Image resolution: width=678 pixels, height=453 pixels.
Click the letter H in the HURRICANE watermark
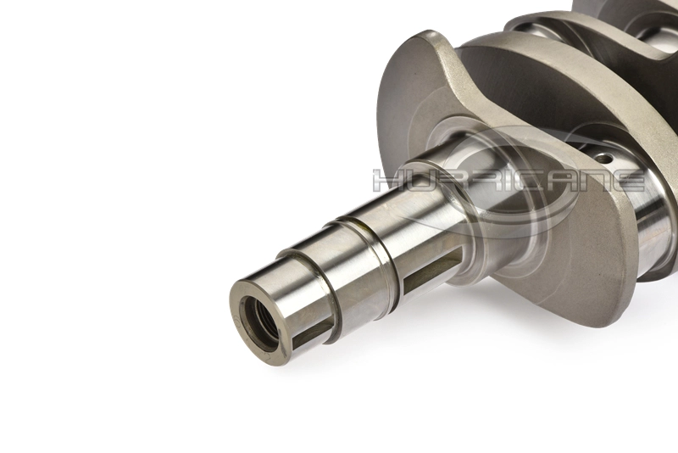pyautogui.click(x=387, y=181)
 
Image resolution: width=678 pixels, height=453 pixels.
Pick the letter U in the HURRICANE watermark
pyautogui.click(x=420, y=181)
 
